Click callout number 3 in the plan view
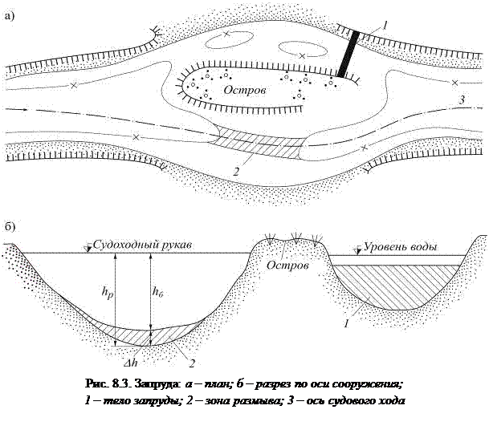[460, 99]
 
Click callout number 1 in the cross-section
[345, 324]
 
